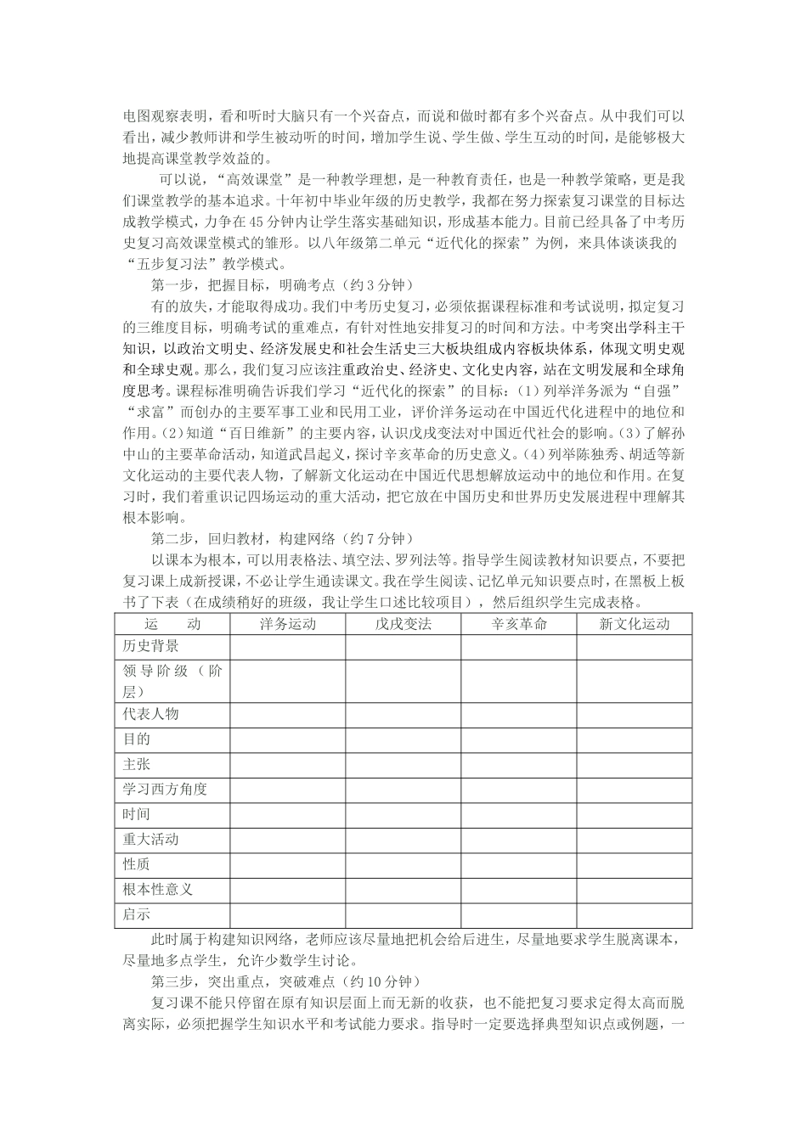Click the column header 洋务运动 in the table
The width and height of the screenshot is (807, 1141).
[x=287, y=624]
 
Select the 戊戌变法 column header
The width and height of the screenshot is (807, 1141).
[x=403, y=624]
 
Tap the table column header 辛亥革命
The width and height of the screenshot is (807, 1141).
[x=519, y=624]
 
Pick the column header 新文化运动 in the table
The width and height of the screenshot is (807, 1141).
[x=634, y=624]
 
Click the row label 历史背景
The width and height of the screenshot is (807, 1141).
[x=150, y=646]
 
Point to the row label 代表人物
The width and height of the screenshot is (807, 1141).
[x=150, y=714]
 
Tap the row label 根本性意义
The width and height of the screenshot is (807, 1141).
[x=158, y=890]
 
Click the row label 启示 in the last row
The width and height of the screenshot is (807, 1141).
[x=137, y=915]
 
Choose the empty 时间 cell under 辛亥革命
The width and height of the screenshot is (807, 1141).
[x=519, y=815]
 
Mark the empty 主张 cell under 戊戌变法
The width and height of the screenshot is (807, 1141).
[x=403, y=764]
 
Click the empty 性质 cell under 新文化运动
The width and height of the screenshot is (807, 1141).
[x=634, y=865]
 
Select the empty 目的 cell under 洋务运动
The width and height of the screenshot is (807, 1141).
[x=287, y=739]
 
